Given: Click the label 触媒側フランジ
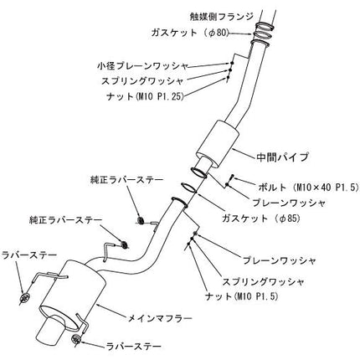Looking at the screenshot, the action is click(x=221, y=17).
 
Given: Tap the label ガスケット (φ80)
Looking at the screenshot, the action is click(x=190, y=33).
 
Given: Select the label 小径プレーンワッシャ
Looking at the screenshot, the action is click(x=142, y=66).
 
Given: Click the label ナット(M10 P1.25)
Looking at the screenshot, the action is click(x=145, y=96).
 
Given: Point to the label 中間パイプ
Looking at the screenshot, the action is click(x=282, y=157).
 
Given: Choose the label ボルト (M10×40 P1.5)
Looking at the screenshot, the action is click(x=308, y=188).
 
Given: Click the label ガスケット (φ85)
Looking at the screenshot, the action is click(x=261, y=219).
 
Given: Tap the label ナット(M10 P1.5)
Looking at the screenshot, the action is click(x=242, y=296).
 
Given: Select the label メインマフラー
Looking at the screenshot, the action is click(x=160, y=318).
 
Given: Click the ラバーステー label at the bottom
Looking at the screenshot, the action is click(x=134, y=347).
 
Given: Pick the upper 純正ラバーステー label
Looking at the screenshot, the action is click(x=126, y=180).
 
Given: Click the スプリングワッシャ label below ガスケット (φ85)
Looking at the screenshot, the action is click(x=263, y=282).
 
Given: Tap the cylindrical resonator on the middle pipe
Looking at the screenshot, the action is click(x=218, y=145).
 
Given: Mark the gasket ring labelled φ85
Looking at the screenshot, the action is click(x=189, y=188).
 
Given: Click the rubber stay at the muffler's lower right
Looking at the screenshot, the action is click(x=76, y=339).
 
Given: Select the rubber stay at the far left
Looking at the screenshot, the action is click(x=25, y=297).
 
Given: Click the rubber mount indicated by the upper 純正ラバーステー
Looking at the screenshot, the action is click(x=141, y=220).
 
